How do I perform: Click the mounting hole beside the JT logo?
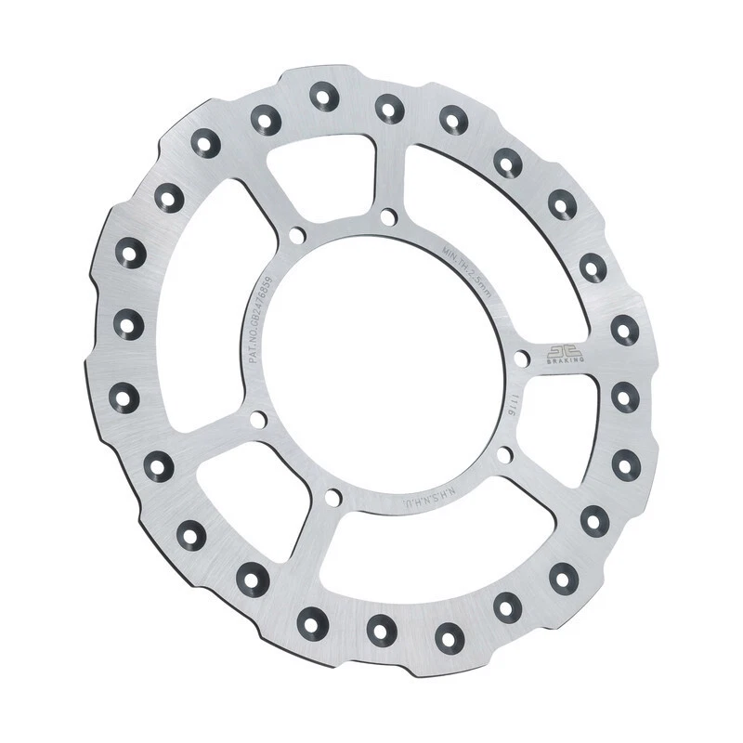point(522,358)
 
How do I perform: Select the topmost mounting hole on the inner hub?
point(388,216)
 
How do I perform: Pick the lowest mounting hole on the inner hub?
point(332,498)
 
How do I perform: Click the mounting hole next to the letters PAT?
point(258,420)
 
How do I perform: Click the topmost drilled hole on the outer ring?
point(324,94)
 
